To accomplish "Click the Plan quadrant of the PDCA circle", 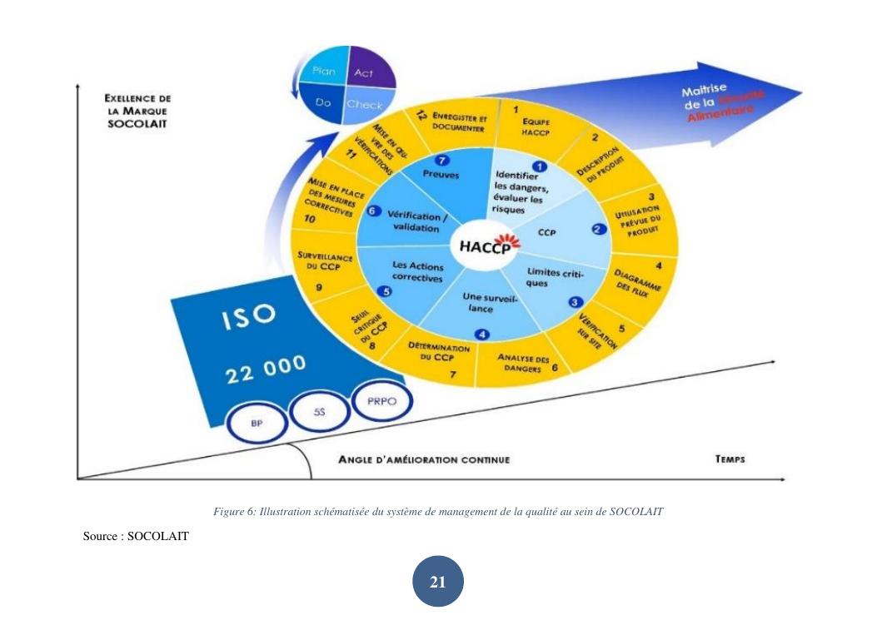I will point(323,72).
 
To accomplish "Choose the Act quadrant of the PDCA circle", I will point(364,73).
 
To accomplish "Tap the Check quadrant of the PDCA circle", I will point(364,105).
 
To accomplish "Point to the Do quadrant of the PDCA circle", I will point(324,104).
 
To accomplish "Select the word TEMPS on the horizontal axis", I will point(730,459).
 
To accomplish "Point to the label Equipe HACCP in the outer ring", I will point(521,126).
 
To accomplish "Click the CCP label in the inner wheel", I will point(547,233).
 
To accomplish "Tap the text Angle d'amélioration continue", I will point(423,459).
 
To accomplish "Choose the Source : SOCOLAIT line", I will point(136,537).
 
